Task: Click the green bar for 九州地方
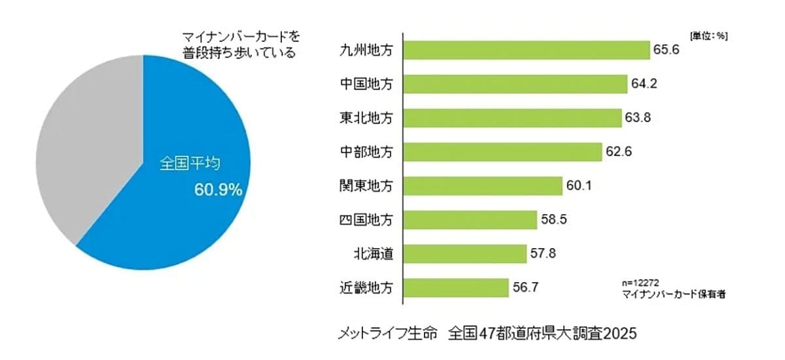[x=526, y=50]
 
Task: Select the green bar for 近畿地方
[x=456, y=287]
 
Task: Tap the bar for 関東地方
[x=483, y=186]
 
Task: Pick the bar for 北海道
[x=464, y=253]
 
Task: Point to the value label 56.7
[x=525, y=287]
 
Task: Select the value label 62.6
[x=619, y=152]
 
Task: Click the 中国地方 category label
[x=367, y=84]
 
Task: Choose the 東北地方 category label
[x=367, y=118]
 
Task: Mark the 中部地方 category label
[x=367, y=152]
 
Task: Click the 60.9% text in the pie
[x=218, y=190]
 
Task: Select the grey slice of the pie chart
[x=85, y=151]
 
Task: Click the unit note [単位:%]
[x=708, y=37]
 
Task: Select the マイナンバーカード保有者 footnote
[x=673, y=295]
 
